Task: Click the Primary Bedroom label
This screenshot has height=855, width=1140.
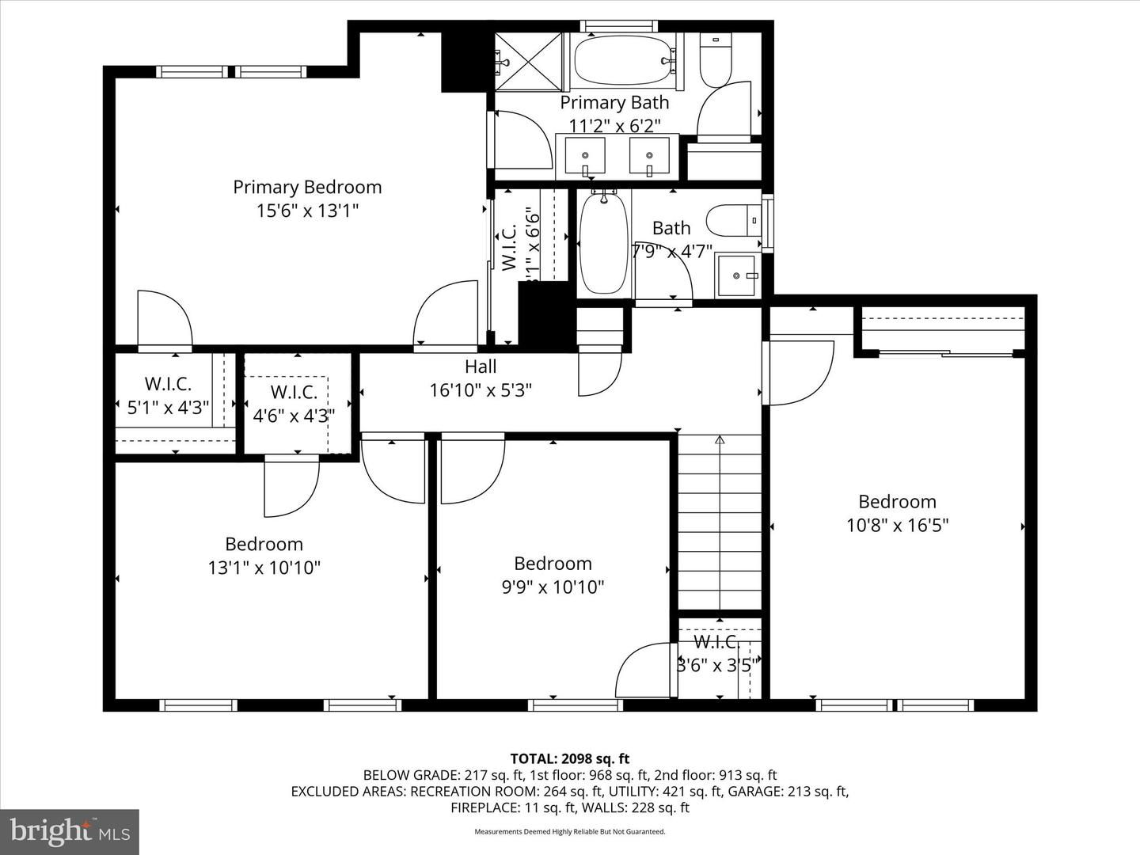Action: tap(307, 187)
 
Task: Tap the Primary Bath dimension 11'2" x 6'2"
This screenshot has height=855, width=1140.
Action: tap(614, 125)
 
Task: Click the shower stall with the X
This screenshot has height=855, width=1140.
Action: tap(528, 60)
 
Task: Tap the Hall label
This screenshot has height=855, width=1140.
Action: tap(481, 367)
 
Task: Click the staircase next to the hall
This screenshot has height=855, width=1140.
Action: tap(719, 526)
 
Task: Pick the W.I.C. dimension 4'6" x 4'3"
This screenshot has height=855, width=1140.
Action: tap(294, 415)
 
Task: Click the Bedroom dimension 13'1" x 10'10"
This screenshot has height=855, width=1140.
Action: tap(264, 568)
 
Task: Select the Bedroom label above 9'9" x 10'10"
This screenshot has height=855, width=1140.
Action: tap(553, 564)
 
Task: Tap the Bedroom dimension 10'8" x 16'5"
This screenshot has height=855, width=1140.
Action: tap(897, 525)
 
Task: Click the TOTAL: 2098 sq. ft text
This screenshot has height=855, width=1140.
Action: tap(569, 758)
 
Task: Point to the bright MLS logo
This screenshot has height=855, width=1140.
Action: tap(70, 831)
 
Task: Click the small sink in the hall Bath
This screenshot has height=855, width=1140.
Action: tap(737, 275)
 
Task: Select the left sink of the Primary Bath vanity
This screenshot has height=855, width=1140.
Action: tap(585, 155)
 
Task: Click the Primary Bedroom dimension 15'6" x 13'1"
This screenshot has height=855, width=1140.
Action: tap(307, 211)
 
